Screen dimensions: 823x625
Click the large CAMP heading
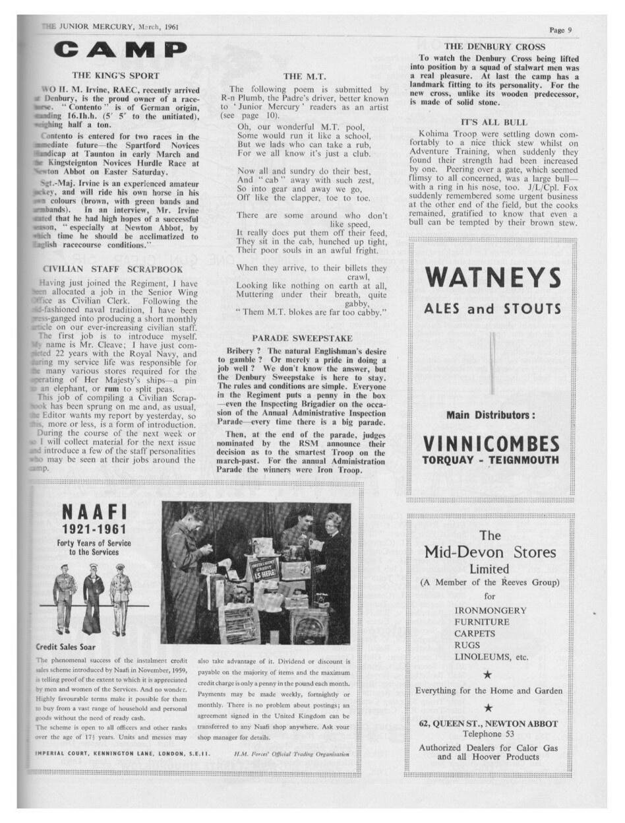pyautogui.click(x=120, y=49)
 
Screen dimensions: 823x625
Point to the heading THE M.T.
pyautogui.click(x=304, y=77)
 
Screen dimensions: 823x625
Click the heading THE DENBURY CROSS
pyautogui.click(x=494, y=47)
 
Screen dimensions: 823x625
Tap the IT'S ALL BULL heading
pyautogui.click(x=494, y=122)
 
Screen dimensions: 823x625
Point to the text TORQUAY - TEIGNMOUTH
pyautogui.click(x=491, y=460)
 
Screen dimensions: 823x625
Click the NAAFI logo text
pyautogui.click(x=94, y=511)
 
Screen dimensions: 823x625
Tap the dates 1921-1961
pyautogui.click(x=94, y=529)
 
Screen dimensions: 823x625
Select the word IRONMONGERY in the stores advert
pyautogui.click(x=491, y=610)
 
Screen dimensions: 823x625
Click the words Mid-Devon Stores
pyautogui.click(x=489, y=552)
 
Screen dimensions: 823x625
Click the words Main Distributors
pyautogui.click(x=491, y=415)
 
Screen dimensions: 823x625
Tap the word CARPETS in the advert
pyautogui.click(x=475, y=634)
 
